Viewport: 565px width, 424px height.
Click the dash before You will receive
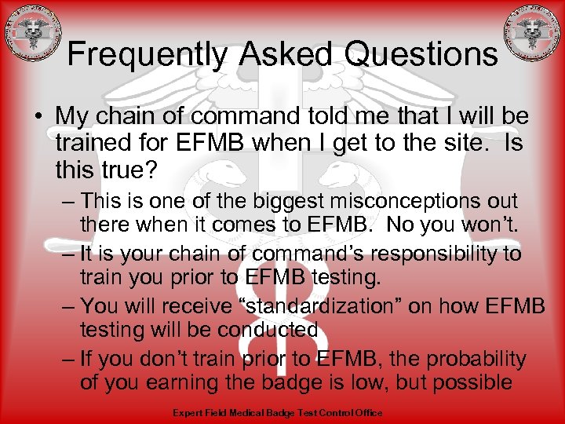point(67,305)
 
